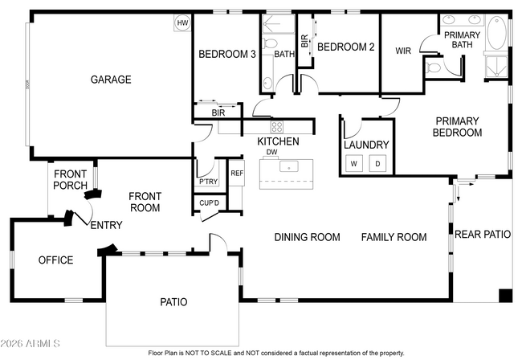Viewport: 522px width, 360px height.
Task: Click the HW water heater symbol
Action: coord(182,23)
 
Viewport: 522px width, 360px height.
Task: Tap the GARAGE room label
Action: coord(111,80)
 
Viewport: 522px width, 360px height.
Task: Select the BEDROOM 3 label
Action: coord(227,55)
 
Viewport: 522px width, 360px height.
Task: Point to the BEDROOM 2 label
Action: coord(346,47)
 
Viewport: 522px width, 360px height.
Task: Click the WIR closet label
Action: coord(403,51)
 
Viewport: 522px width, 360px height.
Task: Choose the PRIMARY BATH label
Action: coord(463,39)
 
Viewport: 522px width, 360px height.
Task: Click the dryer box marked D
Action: coord(379,163)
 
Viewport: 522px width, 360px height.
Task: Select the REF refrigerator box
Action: coord(237,174)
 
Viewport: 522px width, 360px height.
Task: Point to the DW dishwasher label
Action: coord(272,152)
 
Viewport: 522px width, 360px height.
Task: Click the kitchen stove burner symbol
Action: coord(276,126)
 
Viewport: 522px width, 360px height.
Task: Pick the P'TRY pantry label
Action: coord(208,182)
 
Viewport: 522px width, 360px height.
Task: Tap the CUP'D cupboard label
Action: coord(210,202)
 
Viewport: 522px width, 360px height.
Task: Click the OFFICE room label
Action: coord(56,260)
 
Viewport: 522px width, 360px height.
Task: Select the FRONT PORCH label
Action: coord(70,180)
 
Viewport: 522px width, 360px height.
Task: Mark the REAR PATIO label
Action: coord(483,235)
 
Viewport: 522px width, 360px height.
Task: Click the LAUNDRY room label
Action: coord(366,145)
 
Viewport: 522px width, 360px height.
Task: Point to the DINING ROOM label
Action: coord(307,237)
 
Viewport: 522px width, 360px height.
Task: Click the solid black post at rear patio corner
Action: coord(504,295)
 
